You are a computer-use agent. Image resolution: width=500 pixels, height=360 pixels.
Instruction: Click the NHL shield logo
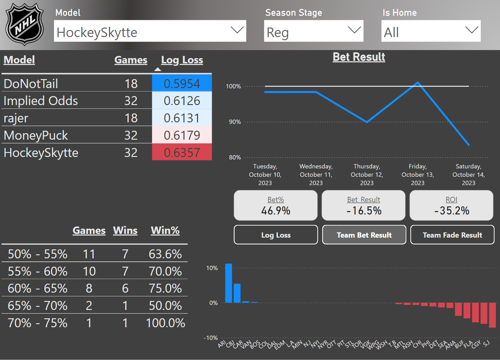click(25, 24)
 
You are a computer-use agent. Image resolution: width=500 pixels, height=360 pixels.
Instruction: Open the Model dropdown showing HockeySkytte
click(150, 31)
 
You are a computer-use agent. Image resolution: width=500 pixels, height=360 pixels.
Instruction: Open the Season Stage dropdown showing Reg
click(314, 31)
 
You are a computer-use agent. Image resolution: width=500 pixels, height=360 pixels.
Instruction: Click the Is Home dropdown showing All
click(431, 31)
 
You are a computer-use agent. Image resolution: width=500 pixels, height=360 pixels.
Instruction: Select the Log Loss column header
click(182, 60)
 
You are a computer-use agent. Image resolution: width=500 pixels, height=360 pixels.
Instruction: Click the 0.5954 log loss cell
click(182, 84)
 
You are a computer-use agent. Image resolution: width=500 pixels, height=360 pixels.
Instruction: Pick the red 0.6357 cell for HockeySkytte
click(182, 152)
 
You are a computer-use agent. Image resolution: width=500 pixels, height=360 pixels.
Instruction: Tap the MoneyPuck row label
click(36, 135)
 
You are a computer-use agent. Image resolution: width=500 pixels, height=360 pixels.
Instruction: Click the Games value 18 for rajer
click(131, 118)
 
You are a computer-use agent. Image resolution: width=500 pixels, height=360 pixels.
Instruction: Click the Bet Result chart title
click(359, 57)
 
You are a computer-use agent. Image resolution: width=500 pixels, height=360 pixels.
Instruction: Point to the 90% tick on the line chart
click(235, 122)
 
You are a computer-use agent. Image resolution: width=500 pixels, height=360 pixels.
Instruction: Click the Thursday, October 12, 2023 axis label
click(367, 175)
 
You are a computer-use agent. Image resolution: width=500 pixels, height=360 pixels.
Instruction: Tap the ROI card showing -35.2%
click(451, 205)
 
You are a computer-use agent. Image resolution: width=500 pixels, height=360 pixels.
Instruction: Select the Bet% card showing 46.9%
click(276, 205)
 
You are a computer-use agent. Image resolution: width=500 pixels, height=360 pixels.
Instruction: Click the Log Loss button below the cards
click(276, 235)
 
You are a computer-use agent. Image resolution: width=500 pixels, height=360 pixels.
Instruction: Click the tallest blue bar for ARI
click(229, 283)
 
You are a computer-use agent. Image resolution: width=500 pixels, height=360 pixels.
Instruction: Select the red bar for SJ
click(492, 315)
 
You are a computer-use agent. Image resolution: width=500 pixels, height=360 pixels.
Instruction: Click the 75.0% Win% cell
click(165, 288)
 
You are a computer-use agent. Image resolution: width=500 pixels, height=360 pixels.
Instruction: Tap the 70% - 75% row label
click(37, 323)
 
